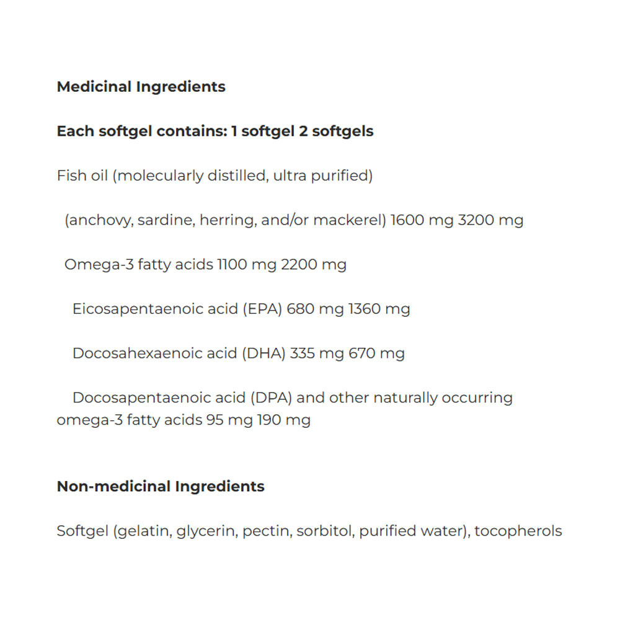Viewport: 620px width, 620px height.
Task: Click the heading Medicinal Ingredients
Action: click(x=141, y=87)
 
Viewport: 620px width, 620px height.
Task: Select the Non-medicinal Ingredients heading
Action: click(x=161, y=486)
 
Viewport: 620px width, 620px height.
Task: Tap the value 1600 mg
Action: click(x=422, y=220)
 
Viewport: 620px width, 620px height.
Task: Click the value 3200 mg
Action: click(x=490, y=220)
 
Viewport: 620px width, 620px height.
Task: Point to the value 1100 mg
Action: click(x=246, y=265)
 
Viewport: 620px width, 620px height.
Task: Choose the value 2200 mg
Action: click(x=314, y=265)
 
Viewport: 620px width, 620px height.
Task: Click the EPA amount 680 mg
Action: click(x=315, y=309)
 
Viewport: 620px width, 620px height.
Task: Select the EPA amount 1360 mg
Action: click(x=379, y=309)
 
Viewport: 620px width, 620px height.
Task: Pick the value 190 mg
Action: click(x=283, y=420)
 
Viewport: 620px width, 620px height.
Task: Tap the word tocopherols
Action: click(x=518, y=531)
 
